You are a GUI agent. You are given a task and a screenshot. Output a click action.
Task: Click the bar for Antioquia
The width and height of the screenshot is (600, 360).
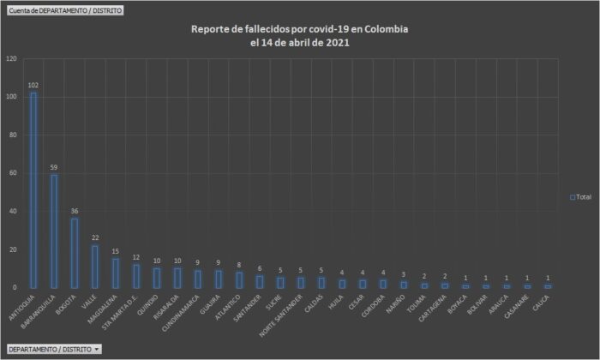click(x=33, y=189)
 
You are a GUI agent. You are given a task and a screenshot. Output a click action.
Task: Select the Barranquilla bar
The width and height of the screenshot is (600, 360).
click(x=54, y=231)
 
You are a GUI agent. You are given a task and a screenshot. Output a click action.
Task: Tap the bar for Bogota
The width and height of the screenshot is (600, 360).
click(x=75, y=253)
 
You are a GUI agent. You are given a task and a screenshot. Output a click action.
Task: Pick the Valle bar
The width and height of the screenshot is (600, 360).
click(x=95, y=266)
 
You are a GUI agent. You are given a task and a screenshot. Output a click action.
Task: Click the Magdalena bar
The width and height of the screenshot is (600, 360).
click(x=116, y=273)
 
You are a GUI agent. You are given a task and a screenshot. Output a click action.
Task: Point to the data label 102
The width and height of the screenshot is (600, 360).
click(x=33, y=85)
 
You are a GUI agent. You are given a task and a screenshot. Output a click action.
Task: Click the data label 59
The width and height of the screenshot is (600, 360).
click(x=54, y=168)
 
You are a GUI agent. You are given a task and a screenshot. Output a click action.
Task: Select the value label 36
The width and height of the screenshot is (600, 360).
click(x=75, y=212)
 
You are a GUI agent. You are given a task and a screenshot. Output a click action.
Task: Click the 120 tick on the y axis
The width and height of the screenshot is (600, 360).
click(x=11, y=59)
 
